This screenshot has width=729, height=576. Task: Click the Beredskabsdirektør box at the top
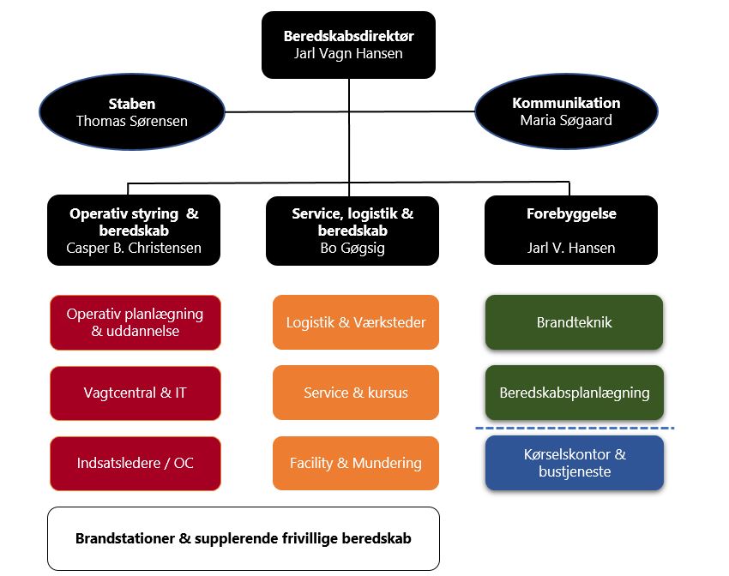[348, 45]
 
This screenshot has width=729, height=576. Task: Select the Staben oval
[132, 112]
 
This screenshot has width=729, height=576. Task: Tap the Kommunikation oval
[566, 111]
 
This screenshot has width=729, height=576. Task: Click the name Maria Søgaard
[566, 120]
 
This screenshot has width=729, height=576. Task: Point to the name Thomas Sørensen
[132, 121]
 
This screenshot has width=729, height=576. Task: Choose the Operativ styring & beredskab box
[134, 231]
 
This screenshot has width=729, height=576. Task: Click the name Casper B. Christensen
[134, 249]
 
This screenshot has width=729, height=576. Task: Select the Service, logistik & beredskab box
[352, 231]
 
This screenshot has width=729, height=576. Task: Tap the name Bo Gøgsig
[352, 249]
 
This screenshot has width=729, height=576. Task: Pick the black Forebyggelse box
[571, 231]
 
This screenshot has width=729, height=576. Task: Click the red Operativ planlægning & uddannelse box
[136, 322]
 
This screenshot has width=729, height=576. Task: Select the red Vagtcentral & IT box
[136, 393]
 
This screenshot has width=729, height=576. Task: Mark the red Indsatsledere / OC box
[136, 463]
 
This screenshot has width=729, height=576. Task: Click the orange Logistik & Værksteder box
[356, 322]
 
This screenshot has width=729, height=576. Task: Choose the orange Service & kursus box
[356, 393]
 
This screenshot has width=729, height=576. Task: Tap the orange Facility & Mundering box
[356, 463]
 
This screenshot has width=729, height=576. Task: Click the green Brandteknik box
[575, 322]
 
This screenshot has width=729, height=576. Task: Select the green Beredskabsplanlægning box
[575, 393]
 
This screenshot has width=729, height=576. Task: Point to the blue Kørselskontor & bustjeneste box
[575, 463]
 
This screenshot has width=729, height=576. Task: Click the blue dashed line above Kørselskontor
[575, 427]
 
